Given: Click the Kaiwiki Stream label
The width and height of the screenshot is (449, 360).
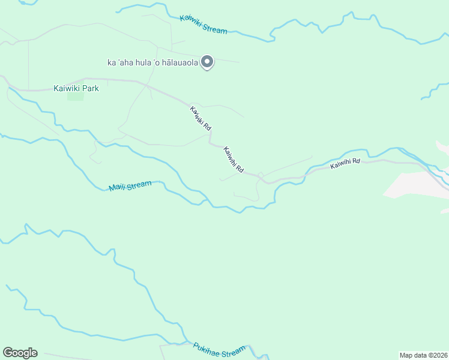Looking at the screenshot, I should [x=203, y=23].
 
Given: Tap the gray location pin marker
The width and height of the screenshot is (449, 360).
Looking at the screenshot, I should [x=207, y=62].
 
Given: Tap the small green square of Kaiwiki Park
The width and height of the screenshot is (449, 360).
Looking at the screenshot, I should [x=75, y=95].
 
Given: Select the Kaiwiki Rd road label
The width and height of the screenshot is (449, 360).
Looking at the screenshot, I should [x=200, y=118].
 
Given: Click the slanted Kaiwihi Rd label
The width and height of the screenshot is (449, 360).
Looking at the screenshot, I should [x=233, y=160].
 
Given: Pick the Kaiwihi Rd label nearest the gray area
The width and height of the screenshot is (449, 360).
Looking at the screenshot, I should [x=345, y=163].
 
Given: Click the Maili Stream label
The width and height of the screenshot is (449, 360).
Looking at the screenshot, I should [x=130, y=186].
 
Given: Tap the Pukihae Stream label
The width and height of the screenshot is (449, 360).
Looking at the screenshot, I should [x=219, y=349].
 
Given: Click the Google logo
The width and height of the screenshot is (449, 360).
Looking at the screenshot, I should [x=20, y=353].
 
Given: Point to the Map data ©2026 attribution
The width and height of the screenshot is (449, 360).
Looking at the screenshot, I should [x=423, y=355].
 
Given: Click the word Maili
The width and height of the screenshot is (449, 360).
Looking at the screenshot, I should [x=118, y=187].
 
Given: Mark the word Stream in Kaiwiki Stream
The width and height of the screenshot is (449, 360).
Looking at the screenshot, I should [x=215, y=27].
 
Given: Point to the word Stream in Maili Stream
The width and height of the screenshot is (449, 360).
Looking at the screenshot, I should [x=140, y=185].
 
